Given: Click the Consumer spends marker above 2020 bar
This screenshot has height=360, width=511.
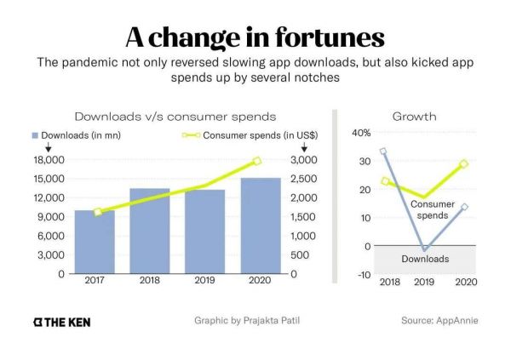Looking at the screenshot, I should point(257,161).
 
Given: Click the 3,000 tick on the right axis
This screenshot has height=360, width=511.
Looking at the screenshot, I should point(306,160).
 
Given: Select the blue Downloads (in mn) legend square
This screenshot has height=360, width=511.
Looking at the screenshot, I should point(36,134).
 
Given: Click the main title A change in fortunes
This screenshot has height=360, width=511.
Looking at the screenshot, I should point(255,37).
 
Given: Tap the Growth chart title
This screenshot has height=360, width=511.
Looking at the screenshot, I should point(415,116).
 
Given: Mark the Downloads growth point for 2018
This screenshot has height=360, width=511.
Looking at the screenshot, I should point(384,151).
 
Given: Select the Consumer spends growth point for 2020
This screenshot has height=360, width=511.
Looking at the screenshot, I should point(464,163).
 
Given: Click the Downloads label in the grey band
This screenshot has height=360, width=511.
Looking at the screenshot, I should point(426,259).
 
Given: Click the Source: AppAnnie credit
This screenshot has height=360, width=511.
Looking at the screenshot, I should point(439,321).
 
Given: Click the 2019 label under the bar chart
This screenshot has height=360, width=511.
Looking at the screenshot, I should point(204,281).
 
